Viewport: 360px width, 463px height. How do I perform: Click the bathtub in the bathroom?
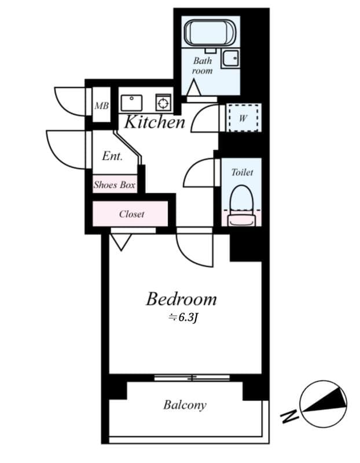tap(211, 32)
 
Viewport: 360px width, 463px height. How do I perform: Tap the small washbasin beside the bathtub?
tap(232, 58)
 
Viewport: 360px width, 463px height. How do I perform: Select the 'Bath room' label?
tap(203, 65)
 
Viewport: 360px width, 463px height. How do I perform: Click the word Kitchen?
tap(155, 122)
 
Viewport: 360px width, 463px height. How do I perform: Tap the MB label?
tap(102, 106)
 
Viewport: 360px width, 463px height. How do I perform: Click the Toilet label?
tap(242, 172)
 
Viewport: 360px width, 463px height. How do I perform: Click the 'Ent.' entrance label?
tap(112, 156)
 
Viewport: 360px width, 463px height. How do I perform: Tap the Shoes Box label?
tap(115, 185)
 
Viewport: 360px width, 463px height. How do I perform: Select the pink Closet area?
tap(131, 214)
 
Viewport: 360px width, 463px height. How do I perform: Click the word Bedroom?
tap(181, 299)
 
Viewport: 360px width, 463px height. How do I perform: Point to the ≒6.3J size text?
tap(183, 317)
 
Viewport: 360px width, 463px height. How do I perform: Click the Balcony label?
tap(185, 405)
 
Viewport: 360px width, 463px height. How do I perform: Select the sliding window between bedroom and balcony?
tap(192, 378)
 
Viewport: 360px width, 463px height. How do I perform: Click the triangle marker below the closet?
tap(120, 241)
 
